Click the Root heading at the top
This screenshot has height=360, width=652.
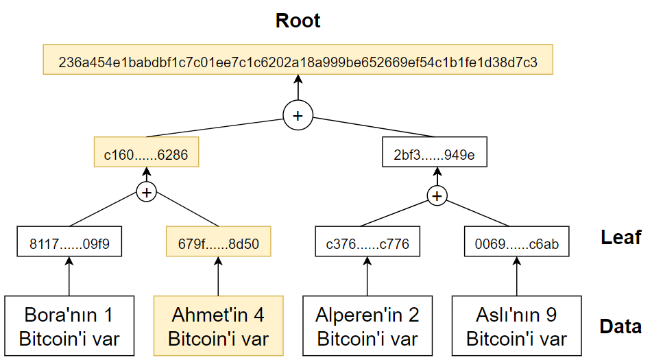(x=298, y=21)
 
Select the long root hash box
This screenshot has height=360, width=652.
(x=298, y=60)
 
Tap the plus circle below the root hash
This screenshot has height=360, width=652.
(x=298, y=115)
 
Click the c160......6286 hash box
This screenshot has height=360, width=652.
(x=146, y=152)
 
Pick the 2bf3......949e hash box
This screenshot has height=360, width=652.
(x=435, y=152)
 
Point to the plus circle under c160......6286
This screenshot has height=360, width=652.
(x=146, y=192)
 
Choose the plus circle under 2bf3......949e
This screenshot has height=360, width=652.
(x=437, y=196)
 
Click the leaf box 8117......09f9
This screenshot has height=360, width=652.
(x=69, y=241)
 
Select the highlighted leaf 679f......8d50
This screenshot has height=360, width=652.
(x=218, y=241)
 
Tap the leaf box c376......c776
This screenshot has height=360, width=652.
(x=367, y=241)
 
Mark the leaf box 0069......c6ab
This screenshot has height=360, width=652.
(x=517, y=241)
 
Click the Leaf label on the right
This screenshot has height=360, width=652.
(x=621, y=237)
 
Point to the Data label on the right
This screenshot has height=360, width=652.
(x=620, y=326)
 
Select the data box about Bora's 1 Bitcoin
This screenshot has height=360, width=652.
(x=69, y=326)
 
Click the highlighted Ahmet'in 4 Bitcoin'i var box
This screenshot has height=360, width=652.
(x=218, y=326)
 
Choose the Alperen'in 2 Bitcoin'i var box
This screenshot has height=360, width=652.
(x=367, y=326)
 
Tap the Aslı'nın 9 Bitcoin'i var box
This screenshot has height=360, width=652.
(x=517, y=326)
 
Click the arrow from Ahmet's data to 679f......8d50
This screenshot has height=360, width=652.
(x=218, y=276)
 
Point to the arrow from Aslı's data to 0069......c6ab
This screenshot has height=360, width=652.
(x=517, y=276)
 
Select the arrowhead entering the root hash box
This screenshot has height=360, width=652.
(x=298, y=79)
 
